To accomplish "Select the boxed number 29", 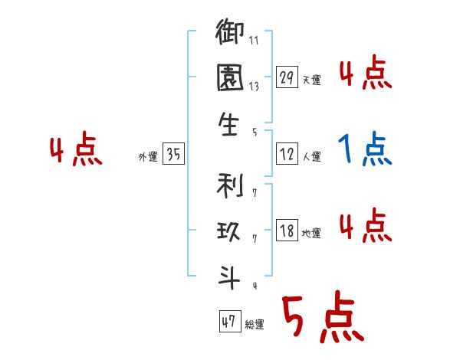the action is [287, 77].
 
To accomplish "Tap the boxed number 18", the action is [287, 231].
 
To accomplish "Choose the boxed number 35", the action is [173, 155].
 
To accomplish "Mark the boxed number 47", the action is [228, 322].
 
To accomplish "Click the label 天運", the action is [311, 80].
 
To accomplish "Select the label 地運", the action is [311, 233].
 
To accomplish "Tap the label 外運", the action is [148, 157].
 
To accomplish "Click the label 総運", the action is [254, 325].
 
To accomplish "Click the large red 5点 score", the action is [322, 319].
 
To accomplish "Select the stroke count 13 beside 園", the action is [254, 87].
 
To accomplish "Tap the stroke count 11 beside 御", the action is [254, 41].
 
